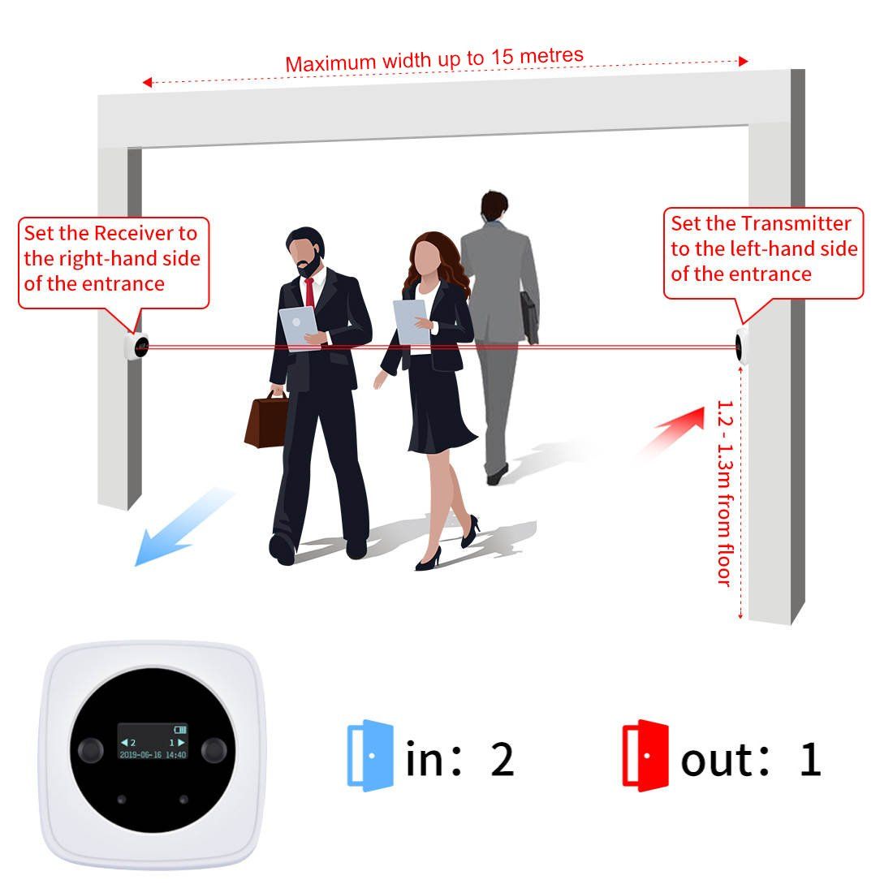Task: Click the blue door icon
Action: click(370, 755)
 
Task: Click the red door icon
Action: click(645, 755)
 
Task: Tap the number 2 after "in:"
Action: click(503, 758)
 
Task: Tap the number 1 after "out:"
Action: click(810, 758)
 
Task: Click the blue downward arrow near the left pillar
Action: click(182, 527)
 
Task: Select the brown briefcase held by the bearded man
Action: click(266, 421)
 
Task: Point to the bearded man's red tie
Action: click(309, 291)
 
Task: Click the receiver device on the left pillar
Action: click(136, 346)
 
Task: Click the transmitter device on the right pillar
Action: click(741, 345)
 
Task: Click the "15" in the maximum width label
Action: click(502, 57)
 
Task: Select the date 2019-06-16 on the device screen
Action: click(140, 755)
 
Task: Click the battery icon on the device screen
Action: click(180, 729)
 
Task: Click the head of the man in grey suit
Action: click(494, 205)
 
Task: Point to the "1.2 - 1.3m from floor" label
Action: click(724, 494)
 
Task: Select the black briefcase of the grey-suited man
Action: click(529, 317)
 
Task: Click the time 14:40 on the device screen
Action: click(176, 755)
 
